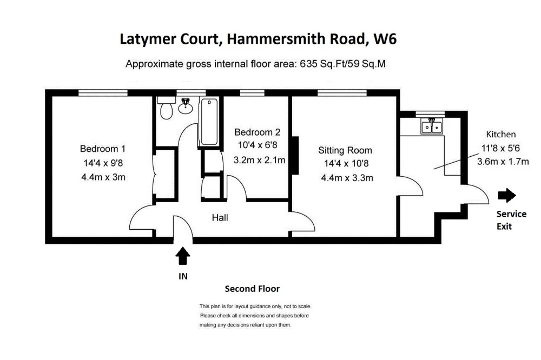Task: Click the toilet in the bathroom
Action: [x=166, y=108]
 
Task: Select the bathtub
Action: [x=209, y=122]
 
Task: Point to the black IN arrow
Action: [x=182, y=256]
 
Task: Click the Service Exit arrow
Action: [x=507, y=195]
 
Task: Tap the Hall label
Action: [x=220, y=218]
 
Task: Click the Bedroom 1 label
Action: [x=102, y=149]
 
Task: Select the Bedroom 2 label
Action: [x=258, y=132]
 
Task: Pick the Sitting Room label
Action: [x=345, y=150]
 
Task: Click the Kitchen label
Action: [x=501, y=134]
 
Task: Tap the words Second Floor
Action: [x=252, y=289]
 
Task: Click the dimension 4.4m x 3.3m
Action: [x=347, y=178]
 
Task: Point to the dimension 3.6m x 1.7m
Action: [x=503, y=162]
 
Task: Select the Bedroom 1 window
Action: [x=103, y=92]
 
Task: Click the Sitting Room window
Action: [x=342, y=92]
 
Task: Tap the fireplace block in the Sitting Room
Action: [x=295, y=155]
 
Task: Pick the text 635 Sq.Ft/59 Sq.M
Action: [x=342, y=64]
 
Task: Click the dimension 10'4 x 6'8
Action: [x=258, y=145]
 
